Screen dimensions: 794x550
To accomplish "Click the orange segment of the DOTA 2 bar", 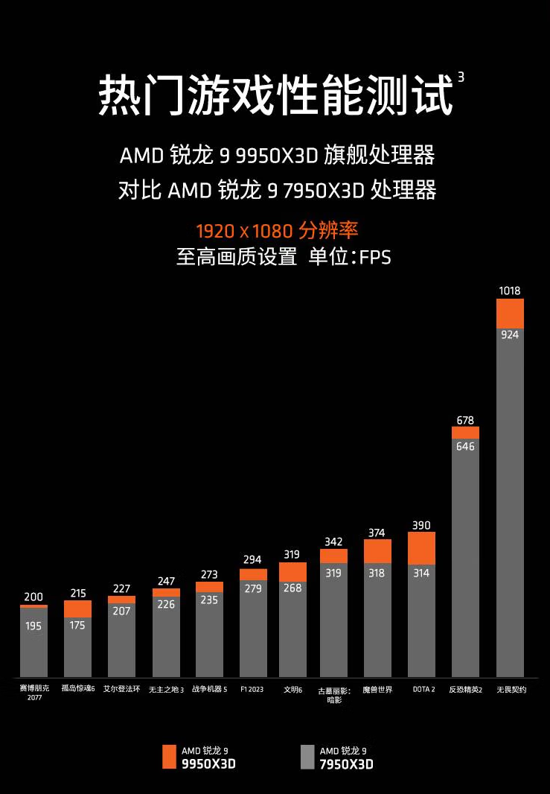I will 421,547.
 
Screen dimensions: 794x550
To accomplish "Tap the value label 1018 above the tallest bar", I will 510,290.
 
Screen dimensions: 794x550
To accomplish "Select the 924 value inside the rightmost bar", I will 510,334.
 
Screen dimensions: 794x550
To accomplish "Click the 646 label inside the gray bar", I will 465,446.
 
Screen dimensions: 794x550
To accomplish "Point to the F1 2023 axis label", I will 252,690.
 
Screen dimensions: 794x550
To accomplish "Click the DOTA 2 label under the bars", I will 423,690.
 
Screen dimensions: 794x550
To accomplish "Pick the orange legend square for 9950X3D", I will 169,757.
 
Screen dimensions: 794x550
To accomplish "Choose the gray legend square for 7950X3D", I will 307,757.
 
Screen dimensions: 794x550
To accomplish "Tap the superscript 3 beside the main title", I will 461,77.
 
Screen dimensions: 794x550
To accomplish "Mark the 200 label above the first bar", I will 33,597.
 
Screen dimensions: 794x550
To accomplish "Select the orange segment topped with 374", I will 377,551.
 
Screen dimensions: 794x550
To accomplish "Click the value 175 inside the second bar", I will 77,625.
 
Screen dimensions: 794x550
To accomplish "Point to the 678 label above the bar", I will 465,420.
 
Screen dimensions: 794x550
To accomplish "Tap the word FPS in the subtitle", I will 375,258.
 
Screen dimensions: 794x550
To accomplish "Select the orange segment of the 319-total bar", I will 292,571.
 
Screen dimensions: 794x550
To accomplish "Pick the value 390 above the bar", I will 421,525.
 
